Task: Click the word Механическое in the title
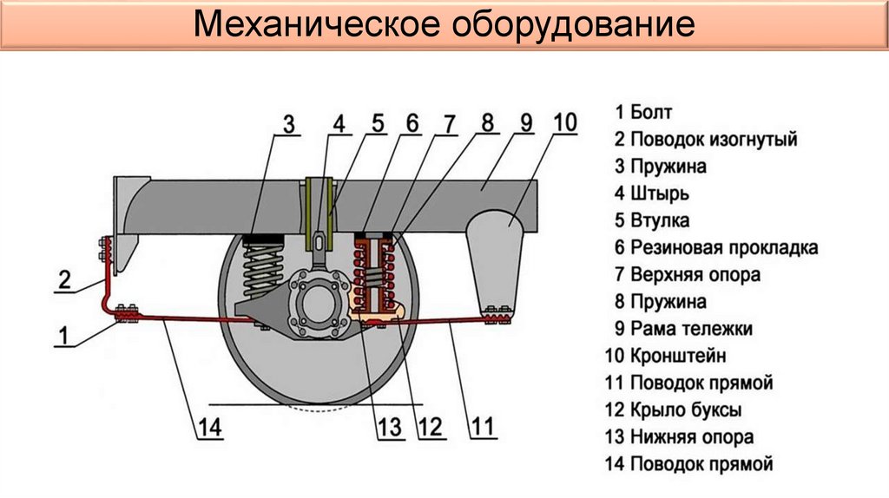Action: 314,25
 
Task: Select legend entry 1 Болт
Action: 643,112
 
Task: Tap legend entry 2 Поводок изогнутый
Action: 705,139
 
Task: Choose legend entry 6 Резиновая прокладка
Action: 715,247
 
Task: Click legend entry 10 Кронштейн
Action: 665,356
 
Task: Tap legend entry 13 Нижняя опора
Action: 680,437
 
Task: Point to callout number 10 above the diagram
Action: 563,122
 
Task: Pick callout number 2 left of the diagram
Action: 64,279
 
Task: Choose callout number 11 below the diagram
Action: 483,426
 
